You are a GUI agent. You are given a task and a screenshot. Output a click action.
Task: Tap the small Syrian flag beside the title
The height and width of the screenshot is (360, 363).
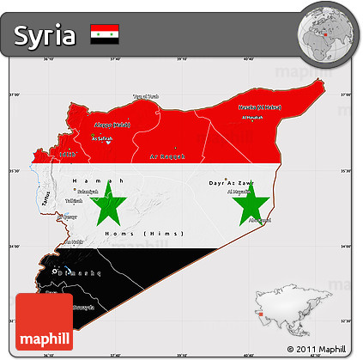[104, 34]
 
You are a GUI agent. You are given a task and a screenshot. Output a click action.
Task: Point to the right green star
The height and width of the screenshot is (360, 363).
[251, 205]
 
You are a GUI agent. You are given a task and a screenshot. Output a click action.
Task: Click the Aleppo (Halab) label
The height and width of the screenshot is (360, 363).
[109, 125]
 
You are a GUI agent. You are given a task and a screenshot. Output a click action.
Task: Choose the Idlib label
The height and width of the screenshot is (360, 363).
[67, 155]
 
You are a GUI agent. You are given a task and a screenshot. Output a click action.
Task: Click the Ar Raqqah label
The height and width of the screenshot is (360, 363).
[166, 157]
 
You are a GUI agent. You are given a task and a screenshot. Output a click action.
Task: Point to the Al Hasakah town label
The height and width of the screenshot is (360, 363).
[252, 117]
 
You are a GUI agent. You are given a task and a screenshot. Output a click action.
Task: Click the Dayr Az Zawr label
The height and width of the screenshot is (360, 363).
[229, 182]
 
